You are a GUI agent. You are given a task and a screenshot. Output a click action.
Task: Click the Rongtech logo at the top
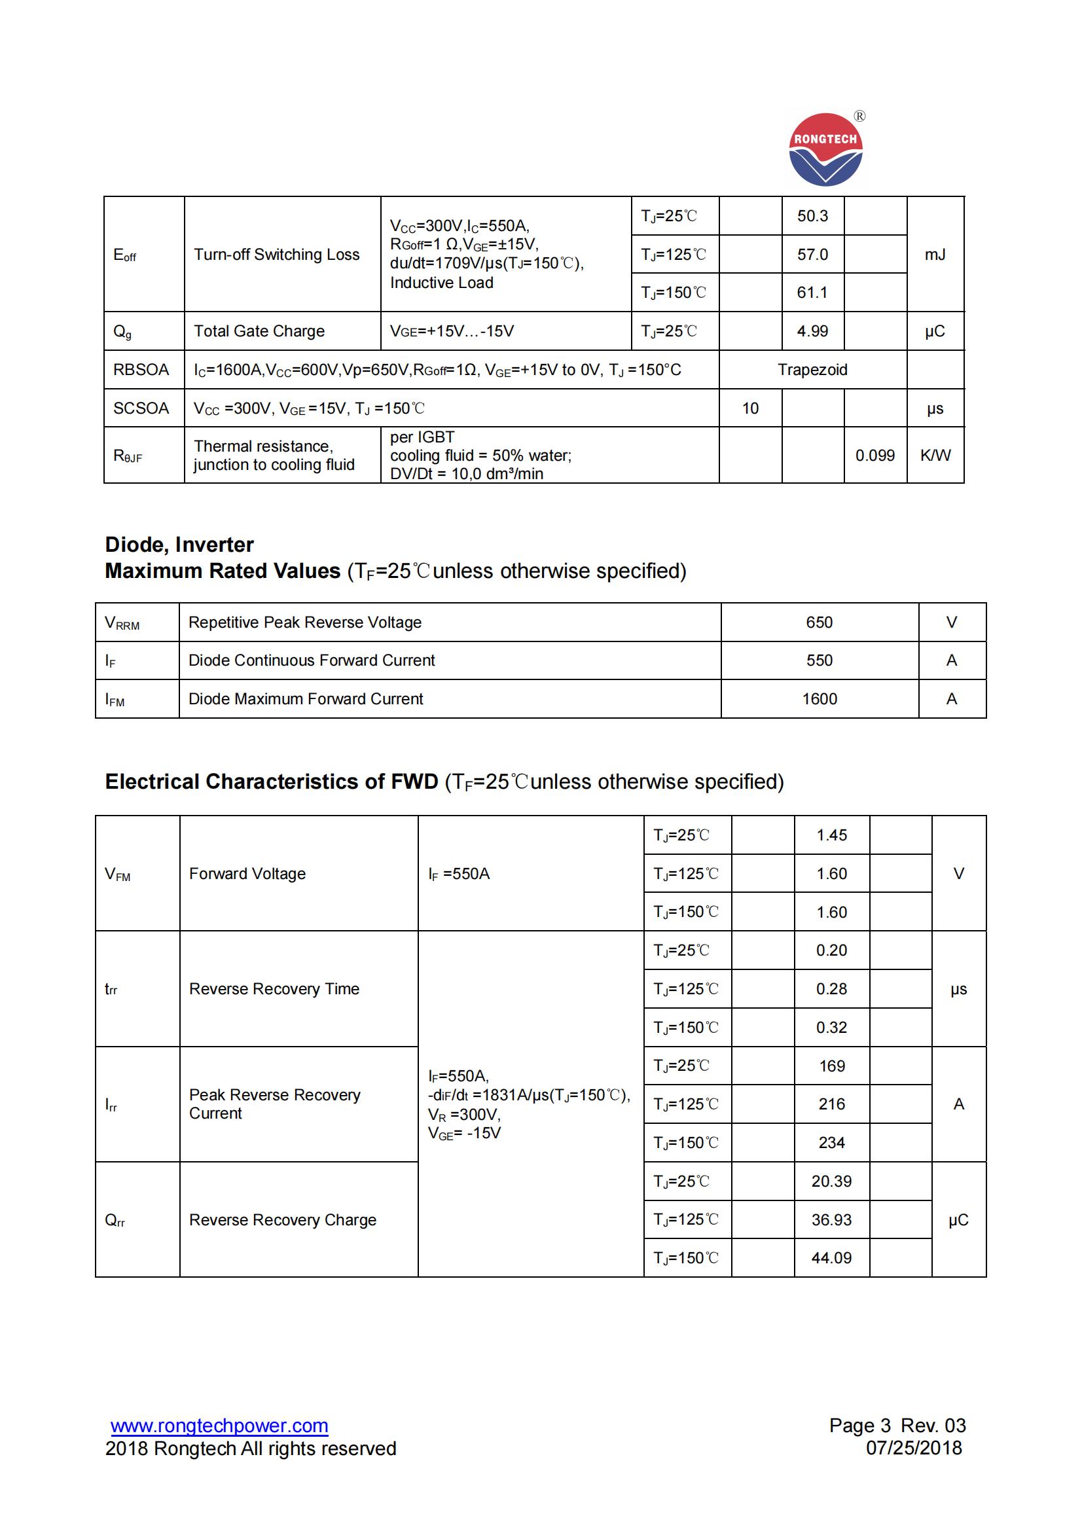(x=825, y=149)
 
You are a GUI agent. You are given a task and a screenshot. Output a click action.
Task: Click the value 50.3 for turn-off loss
(x=812, y=216)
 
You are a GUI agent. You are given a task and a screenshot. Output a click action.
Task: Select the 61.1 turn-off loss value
(x=812, y=293)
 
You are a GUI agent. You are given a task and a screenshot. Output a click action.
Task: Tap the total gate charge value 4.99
(x=812, y=331)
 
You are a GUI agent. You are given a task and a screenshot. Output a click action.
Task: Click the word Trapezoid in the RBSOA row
(x=812, y=370)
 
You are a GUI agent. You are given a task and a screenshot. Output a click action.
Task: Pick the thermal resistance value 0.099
(x=875, y=456)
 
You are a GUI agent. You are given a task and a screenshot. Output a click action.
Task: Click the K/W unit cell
(x=935, y=456)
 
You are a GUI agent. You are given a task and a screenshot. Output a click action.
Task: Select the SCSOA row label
(x=141, y=408)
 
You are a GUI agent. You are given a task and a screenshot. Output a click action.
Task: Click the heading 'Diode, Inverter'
(x=179, y=545)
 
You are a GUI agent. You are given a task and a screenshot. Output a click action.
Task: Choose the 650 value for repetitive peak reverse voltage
(x=819, y=622)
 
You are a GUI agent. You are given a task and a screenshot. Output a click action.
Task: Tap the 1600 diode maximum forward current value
(x=819, y=699)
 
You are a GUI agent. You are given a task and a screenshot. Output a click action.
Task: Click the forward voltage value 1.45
(x=831, y=835)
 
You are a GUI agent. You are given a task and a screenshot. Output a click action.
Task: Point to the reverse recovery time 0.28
(x=831, y=989)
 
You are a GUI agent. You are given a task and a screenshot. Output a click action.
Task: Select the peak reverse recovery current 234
(x=831, y=1143)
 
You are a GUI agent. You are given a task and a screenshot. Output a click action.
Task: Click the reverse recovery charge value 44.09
(x=831, y=1258)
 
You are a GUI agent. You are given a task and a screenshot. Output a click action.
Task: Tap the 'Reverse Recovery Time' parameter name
(x=274, y=989)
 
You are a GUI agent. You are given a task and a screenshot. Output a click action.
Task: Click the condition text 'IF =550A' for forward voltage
(x=459, y=874)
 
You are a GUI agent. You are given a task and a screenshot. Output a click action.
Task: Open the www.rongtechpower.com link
(x=219, y=1426)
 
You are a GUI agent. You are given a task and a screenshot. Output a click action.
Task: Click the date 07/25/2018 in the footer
(x=913, y=1449)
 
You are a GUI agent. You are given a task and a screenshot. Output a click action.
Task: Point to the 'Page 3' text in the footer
(x=859, y=1426)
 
